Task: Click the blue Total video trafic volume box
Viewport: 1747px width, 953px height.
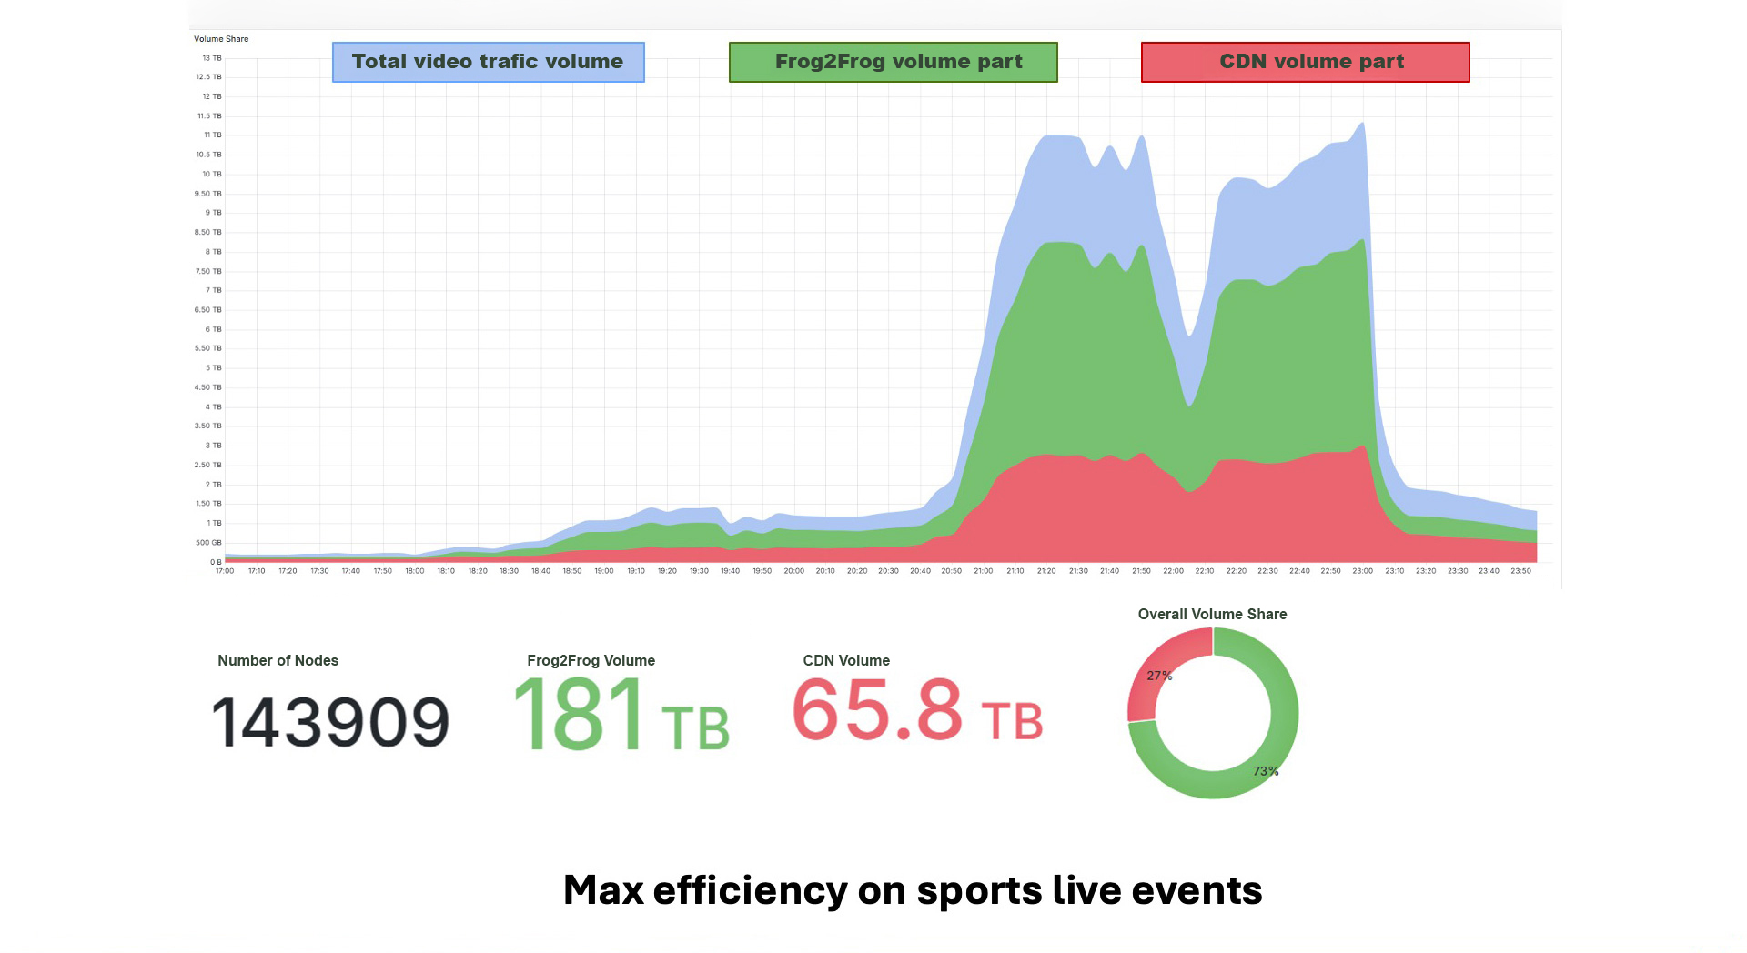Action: point(488,62)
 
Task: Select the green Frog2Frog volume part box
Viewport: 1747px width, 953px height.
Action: point(893,62)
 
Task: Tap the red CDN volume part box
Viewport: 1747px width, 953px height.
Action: point(1305,62)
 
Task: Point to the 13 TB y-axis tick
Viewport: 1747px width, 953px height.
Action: point(211,58)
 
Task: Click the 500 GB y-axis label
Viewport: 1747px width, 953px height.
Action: point(208,543)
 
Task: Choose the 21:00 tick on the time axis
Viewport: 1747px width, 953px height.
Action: point(984,571)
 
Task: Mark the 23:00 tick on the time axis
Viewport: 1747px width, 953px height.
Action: point(1362,571)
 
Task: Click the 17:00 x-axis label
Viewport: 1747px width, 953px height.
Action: point(225,571)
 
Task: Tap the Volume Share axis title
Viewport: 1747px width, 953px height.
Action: point(221,39)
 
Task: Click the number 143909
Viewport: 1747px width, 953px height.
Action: point(330,723)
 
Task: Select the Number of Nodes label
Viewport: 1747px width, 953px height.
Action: point(278,661)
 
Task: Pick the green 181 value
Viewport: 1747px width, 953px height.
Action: point(580,716)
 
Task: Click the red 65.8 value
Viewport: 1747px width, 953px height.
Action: point(877,710)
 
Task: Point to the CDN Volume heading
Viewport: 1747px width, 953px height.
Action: point(846,661)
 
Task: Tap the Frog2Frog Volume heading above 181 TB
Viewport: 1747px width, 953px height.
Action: point(591,661)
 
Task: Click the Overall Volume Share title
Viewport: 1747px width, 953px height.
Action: point(1212,615)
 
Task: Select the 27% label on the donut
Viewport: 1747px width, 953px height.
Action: point(1159,676)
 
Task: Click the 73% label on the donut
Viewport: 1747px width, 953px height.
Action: point(1266,771)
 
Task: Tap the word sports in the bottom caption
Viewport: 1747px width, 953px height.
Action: point(979,891)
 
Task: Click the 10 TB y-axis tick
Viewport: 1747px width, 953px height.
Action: point(211,174)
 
